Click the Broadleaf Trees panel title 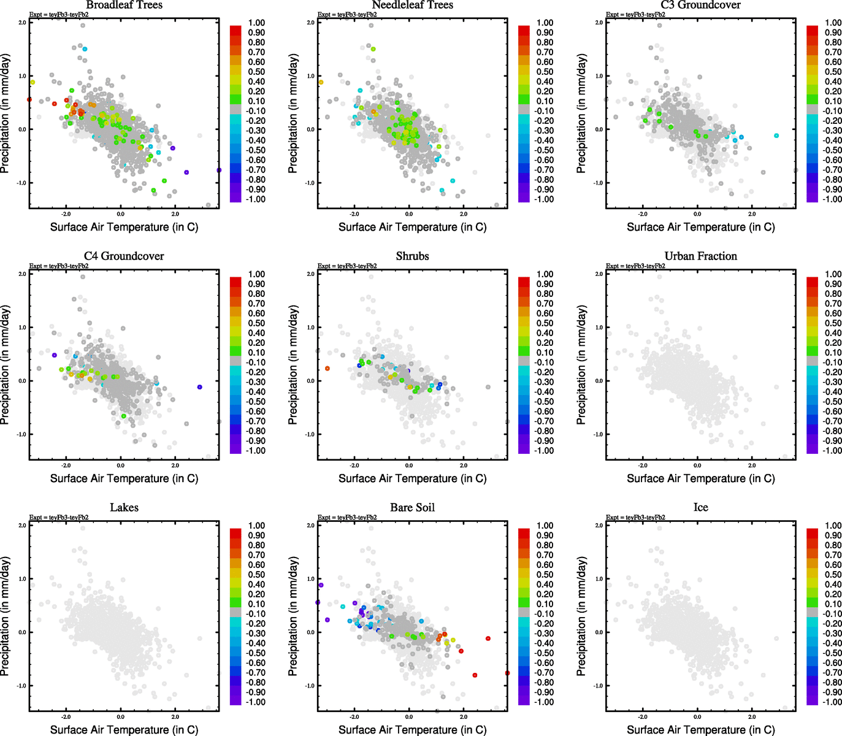point(124,5)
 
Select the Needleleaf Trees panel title point(412,5)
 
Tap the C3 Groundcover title point(700,5)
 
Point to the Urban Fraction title point(700,256)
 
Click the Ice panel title point(700,508)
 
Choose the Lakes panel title point(124,508)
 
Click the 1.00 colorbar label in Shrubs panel point(545,274)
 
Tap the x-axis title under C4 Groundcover point(124,478)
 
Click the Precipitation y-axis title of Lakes point(6,616)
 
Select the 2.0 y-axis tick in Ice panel point(599,526)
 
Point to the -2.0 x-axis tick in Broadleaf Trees point(66,215)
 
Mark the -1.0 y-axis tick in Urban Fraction point(599,434)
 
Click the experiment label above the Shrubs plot point(347,266)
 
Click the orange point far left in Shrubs point(327,369)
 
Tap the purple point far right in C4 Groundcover point(200,387)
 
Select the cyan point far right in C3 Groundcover point(776,136)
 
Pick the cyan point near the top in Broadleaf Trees point(85,49)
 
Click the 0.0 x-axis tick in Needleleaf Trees point(409,215)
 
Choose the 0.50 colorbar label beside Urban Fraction point(833,323)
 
